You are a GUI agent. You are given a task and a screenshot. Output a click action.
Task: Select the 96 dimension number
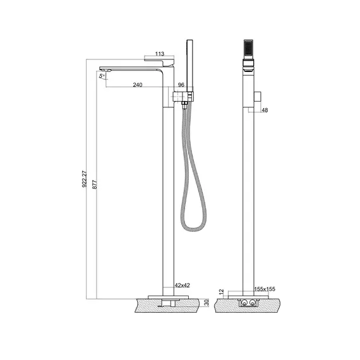coord(181,85)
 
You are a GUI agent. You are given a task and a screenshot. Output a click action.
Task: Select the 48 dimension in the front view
coord(265,110)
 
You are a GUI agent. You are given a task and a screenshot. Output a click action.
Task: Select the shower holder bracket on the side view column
coord(183,97)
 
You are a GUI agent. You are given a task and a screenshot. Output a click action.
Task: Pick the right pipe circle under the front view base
coord(253,303)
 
